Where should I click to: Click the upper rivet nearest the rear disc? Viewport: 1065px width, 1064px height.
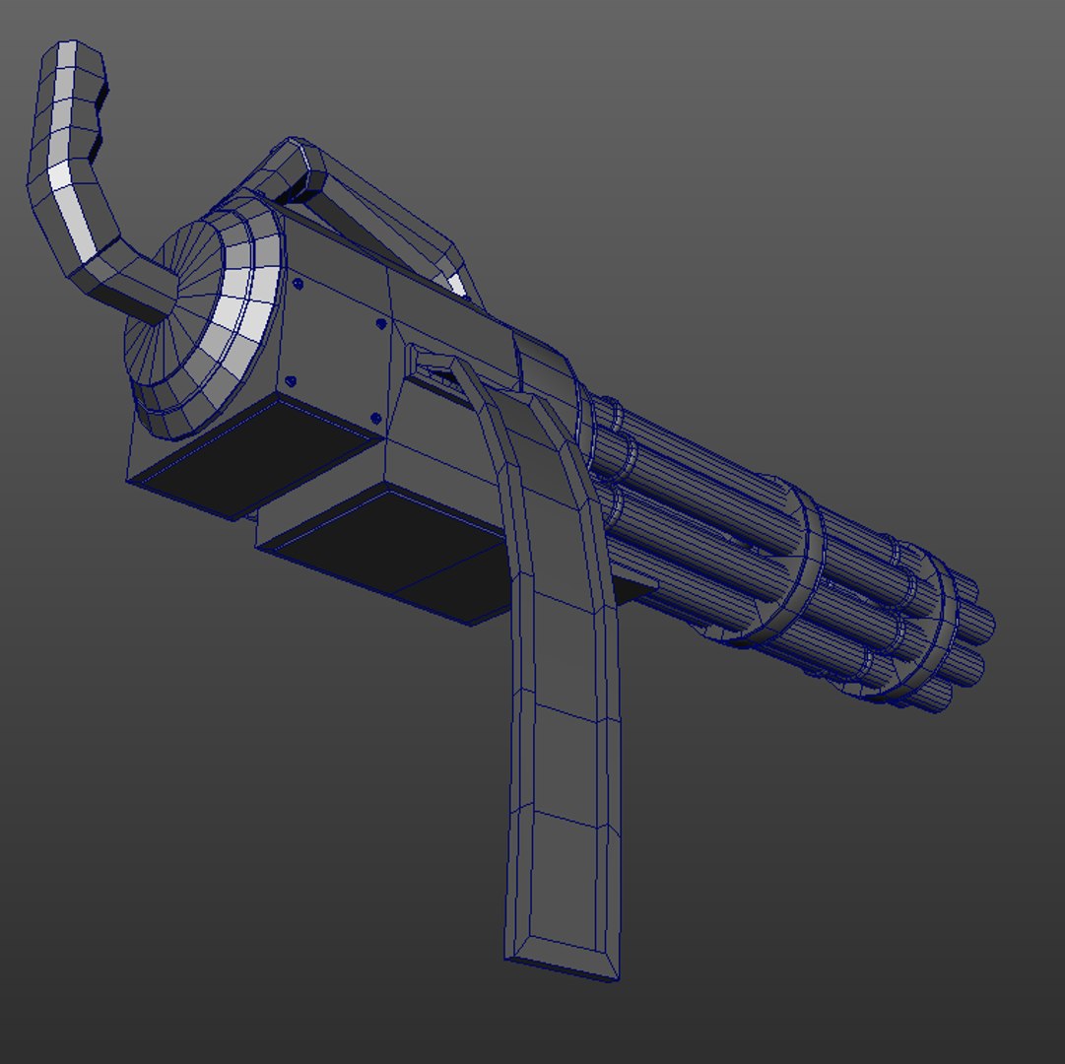296,284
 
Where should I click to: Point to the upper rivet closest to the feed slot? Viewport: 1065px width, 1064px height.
381,322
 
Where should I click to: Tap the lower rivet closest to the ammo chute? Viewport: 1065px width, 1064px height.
375,419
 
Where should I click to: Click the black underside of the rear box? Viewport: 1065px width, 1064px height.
251,455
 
